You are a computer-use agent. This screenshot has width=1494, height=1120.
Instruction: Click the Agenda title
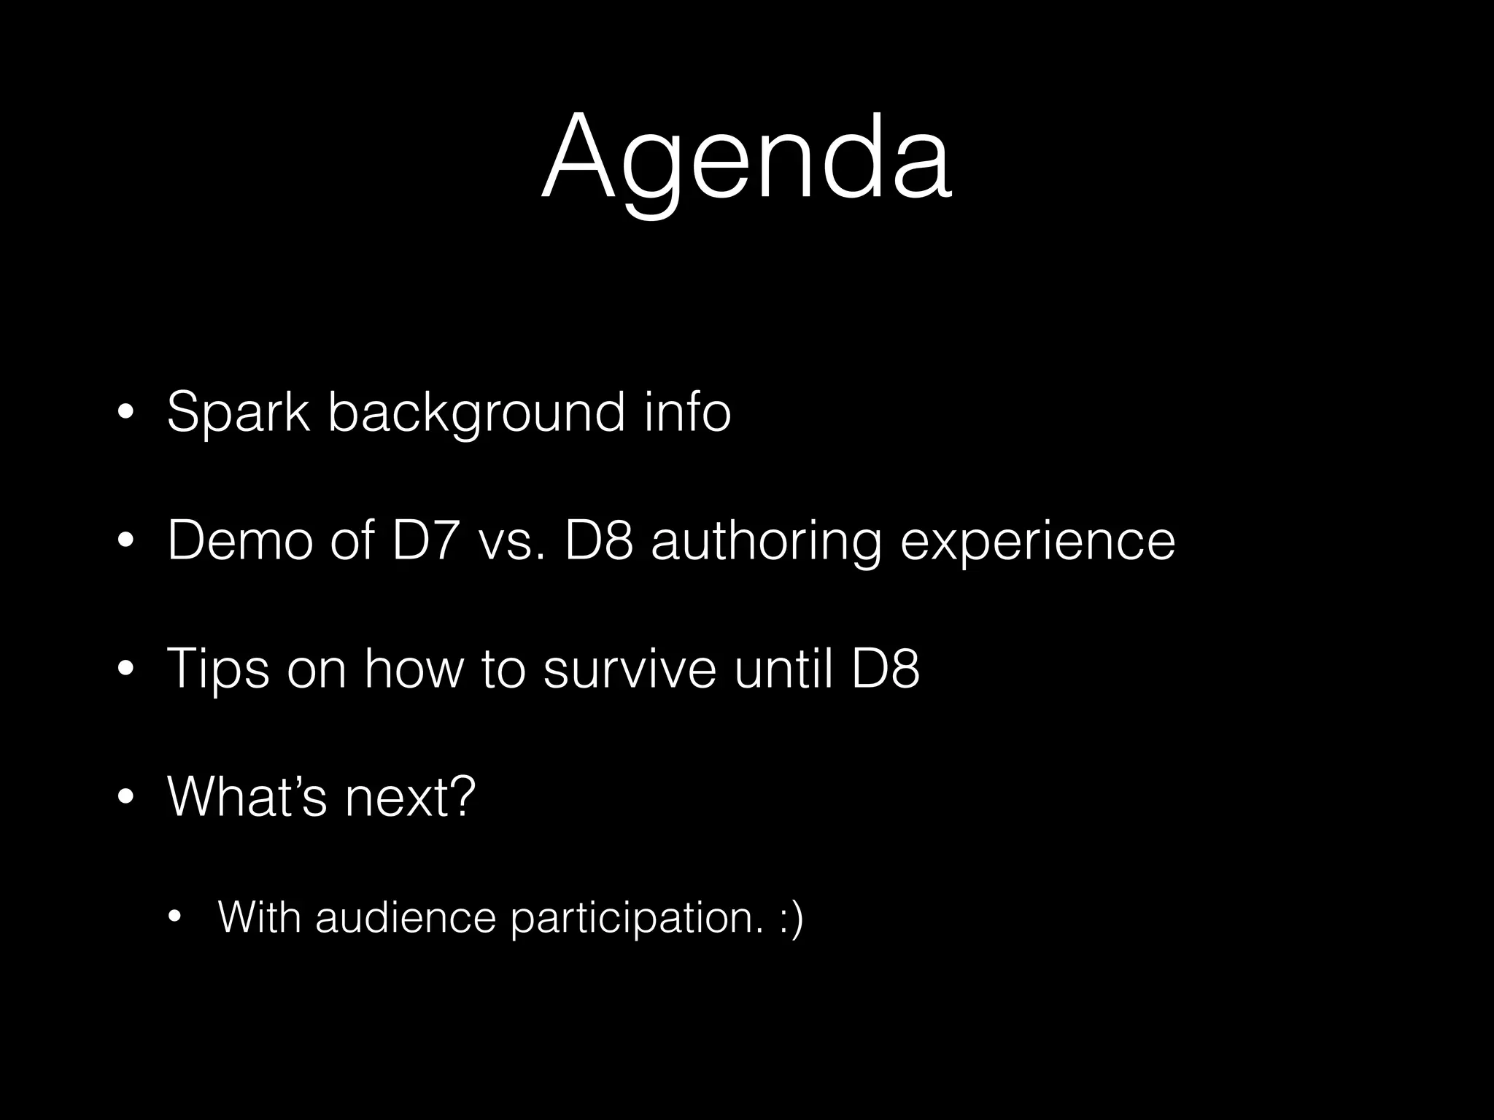(x=746, y=159)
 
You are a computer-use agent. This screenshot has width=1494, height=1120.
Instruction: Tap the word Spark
(x=239, y=413)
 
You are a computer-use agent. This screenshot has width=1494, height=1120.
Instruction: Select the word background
(x=476, y=413)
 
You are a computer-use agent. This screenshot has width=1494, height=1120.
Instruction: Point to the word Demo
(x=240, y=541)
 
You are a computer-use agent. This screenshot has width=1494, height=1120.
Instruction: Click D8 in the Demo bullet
(x=599, y=541)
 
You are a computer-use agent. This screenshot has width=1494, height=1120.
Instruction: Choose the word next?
(x=411, y=798)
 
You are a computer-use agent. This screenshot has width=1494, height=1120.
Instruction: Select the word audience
(x=406, y=917)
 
